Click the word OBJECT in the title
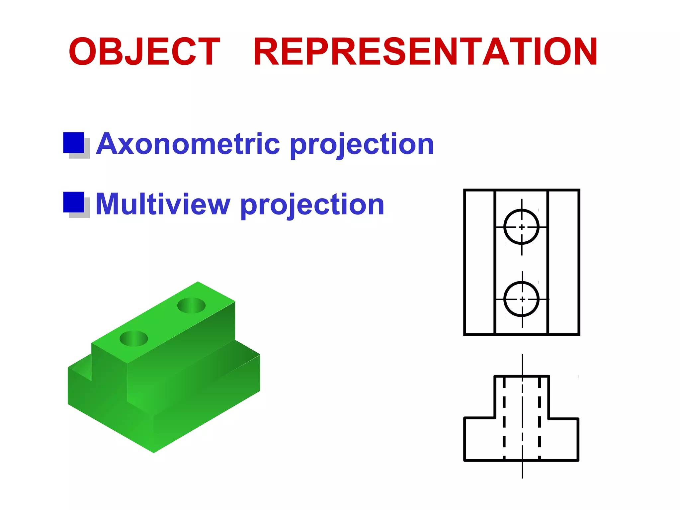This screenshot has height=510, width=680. (x=144, y=52)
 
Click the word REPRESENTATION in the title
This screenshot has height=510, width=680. (x=425, y=52)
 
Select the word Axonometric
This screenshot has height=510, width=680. (x=188, y=144)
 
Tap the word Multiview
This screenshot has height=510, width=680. (x=163, y=205)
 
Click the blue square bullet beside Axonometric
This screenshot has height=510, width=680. (x=74, y=143)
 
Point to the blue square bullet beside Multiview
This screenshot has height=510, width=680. (x=74, y=202)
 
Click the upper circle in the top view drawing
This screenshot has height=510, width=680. (x=521, y=227)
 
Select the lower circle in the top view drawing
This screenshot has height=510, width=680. (x=521, y=299)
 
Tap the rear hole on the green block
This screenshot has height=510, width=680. (x=192, y=305)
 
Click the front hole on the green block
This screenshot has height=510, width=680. (x=133, y=338)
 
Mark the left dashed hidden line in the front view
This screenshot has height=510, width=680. (x=504, y=418)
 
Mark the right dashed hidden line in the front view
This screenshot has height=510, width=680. (x=540, y=418)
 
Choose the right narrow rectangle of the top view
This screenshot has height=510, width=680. (x=563, y=262)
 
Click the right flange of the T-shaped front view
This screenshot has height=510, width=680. (x=563, y=439)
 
